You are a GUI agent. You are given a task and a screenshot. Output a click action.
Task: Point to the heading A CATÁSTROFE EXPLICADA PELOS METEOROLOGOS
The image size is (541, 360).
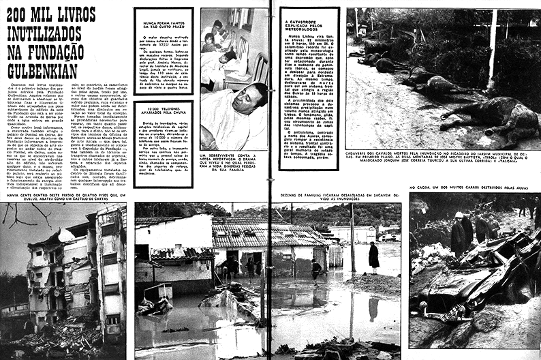pos(308,25)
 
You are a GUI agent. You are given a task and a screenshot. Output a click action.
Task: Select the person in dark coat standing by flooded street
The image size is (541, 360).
pos(373,256)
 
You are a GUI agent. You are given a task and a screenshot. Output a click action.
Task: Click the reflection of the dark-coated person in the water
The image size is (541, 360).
pos(373,307)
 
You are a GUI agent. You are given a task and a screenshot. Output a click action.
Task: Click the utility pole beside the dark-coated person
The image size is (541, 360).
pos(352,245)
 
